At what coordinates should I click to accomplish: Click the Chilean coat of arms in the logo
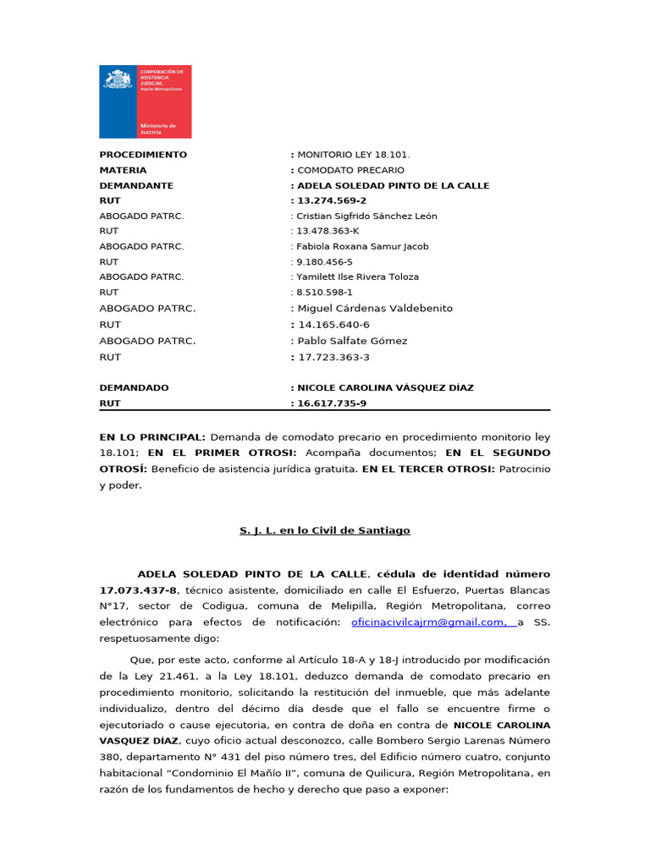click(118, 79)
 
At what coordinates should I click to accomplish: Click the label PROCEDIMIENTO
click(143, 155)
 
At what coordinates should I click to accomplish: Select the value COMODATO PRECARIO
click(350, 170)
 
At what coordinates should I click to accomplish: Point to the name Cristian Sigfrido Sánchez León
click(366, 216)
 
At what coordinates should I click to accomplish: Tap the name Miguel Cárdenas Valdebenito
click(374, 309)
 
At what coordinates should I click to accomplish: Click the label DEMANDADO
click(134, 387)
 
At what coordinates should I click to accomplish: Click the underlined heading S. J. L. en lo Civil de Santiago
click(325, 530)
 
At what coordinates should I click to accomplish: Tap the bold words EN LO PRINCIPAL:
click(152, 437)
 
